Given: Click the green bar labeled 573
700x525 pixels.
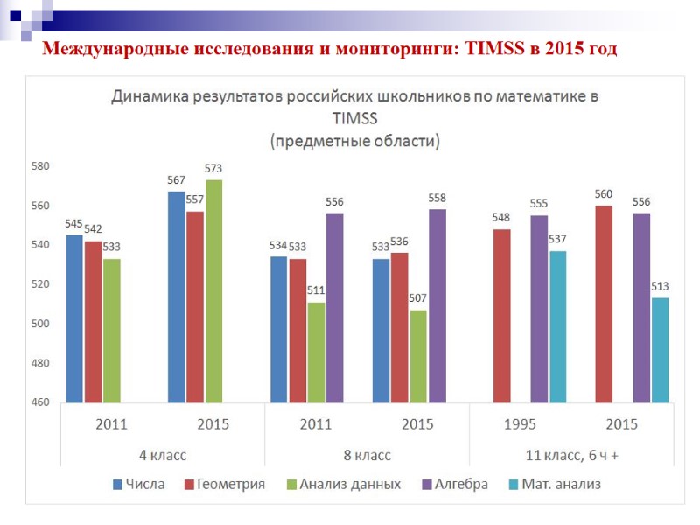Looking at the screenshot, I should [x=213, y=290].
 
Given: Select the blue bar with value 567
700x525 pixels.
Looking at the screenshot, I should [x=177, y=297].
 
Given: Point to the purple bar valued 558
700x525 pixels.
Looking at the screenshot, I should [x=437, y=305].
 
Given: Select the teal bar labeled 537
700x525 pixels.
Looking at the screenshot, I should [x=558, y=326].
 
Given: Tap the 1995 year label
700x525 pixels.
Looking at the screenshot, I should [x=520, y=424].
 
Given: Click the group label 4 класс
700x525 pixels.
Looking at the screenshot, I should [x=163, y=455].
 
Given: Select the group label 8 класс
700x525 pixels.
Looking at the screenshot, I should [x=367, y=455].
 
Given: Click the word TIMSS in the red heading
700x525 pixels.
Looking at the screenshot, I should [x=485, y=50].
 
